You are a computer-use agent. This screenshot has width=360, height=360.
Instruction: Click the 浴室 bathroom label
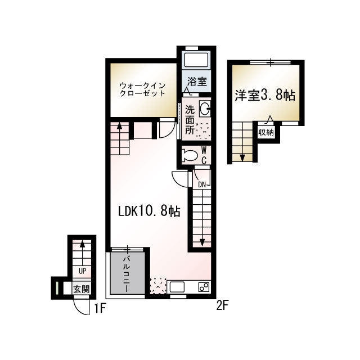pos(197,81)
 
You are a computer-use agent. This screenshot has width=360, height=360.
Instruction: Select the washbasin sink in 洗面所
pos(204,108)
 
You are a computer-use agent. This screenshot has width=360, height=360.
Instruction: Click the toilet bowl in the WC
pos(190,155)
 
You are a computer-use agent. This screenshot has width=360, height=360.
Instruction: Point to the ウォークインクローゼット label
pos(143,90)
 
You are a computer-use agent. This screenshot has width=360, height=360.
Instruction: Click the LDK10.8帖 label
pos(149,211)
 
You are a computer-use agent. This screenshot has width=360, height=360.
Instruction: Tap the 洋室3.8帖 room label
pos(265,95)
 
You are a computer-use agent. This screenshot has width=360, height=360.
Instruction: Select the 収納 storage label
pos(266,132)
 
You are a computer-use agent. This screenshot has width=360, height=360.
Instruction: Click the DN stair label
pos(202,184)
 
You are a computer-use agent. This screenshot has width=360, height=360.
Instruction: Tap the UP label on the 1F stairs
pos(83,271)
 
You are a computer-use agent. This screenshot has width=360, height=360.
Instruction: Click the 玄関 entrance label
pos(81,289)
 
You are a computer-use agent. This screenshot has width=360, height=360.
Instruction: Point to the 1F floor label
pos(100,309)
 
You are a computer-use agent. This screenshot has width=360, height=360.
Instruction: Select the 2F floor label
pos(222,305)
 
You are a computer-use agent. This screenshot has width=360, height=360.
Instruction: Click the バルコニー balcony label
pos(127,274)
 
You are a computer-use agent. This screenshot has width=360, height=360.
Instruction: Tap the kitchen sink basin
pos(177,287)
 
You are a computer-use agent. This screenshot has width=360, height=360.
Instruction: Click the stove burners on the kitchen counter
pos(204,287)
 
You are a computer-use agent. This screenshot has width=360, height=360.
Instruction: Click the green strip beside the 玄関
pos(57,288)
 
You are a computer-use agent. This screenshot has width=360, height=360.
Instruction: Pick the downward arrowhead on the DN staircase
pos(202,242)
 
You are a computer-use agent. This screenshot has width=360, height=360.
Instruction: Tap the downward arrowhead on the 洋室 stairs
pos(242,158)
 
